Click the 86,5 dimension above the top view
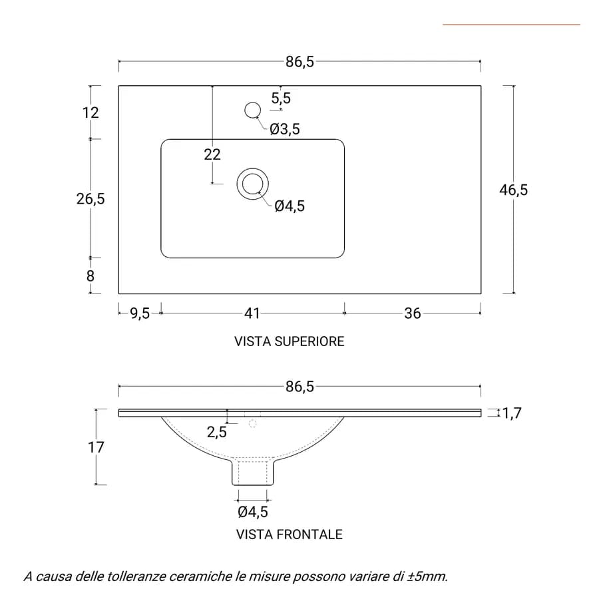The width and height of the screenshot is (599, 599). [x=300, y=61]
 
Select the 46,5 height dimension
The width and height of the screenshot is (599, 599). [x=513, y=190]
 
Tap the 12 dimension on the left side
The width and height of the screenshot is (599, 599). [x=91, y=112]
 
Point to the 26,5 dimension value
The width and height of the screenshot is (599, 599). [x=91, y=199]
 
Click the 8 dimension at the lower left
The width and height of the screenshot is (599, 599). [x=90, y=276]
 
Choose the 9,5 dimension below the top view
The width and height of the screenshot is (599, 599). [x=140, y=313]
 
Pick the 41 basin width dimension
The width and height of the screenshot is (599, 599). [x=252, y=313]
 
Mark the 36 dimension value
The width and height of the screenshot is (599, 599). [x=413, y=313]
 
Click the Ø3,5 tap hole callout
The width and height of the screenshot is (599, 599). [x=285, y=129]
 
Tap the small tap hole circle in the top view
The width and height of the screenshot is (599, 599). [x=252, y=110]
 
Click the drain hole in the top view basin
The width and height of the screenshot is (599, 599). [x=252, y=184]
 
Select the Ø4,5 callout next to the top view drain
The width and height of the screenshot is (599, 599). [x=290, y=206]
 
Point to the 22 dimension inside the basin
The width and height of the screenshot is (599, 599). [x=212, y=154]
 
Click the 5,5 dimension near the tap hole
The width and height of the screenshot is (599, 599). [x=281, y=99]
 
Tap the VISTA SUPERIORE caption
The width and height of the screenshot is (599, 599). [x=290, y=341]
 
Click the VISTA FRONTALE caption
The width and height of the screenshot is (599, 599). [x=290, y=534]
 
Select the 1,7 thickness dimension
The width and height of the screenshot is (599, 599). [x=512, y=413]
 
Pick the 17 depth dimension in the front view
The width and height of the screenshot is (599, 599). [x=96, y=447]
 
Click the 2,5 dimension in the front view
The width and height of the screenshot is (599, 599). [x=216, y=432]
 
